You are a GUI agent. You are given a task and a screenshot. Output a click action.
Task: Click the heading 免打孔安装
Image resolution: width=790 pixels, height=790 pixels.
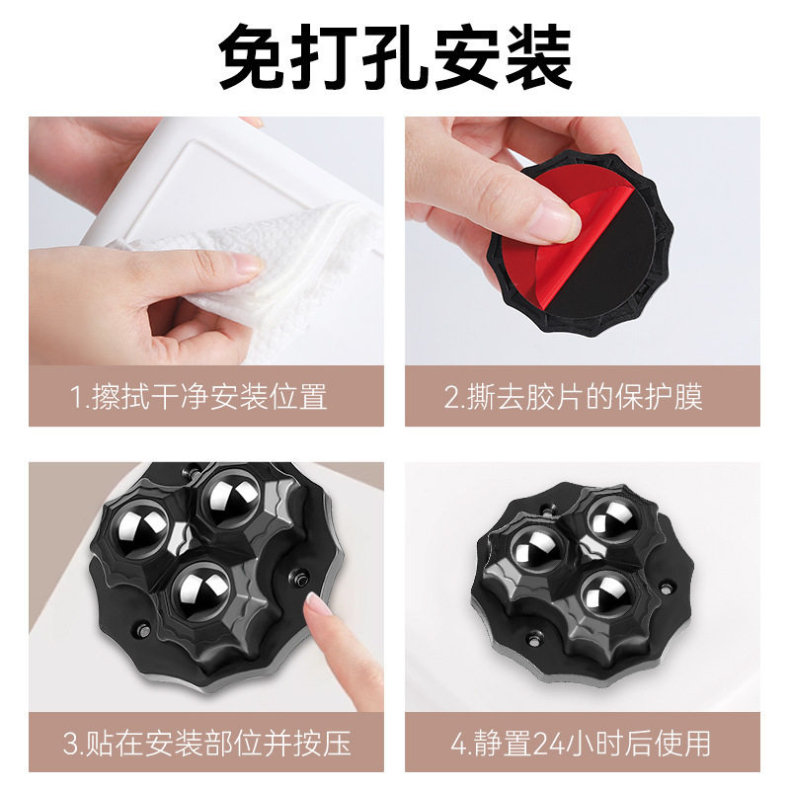tap(395, 57)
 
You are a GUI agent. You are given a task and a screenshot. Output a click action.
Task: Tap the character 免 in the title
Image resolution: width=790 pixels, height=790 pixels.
tap(253, 57)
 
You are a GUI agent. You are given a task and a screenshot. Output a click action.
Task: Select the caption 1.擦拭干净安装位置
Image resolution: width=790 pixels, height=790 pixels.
tap(206, 397)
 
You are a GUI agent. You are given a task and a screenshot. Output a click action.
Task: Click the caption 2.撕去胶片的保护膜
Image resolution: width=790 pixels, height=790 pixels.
tap(583, 397)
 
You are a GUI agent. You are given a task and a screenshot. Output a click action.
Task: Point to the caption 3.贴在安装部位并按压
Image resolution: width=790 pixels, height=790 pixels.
tap(206, 742)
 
